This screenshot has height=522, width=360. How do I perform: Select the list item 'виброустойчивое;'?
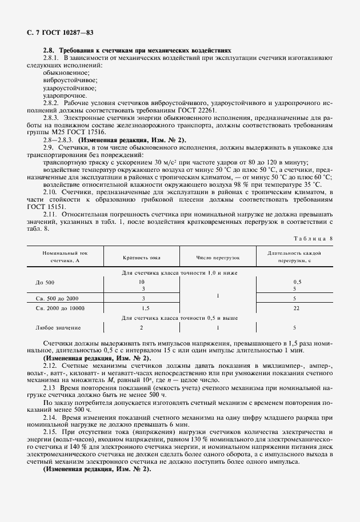68,81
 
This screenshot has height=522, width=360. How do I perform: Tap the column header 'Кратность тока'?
142,258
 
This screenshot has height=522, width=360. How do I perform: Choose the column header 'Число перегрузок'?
218,258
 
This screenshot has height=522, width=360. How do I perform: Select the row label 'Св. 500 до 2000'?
57,299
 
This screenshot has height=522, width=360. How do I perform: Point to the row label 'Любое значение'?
58,328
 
